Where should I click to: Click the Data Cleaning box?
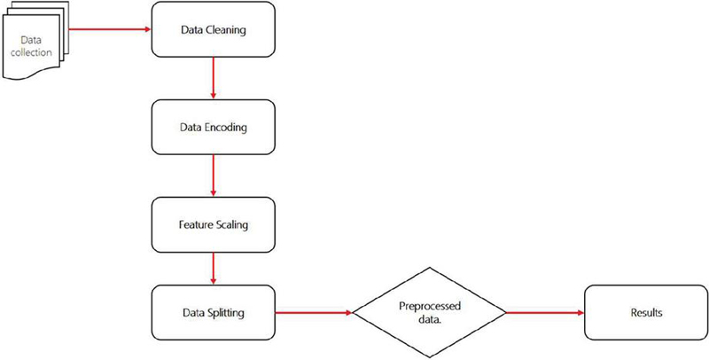[214, 29]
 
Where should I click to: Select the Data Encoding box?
[214, 127]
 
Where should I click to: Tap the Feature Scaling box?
[214, 224]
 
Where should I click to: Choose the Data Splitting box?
[214, 312]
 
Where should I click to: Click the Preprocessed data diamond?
[429, 312]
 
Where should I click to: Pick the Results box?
[646, 312]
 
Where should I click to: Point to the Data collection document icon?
[35, 41]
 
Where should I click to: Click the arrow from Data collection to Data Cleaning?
[110, 29]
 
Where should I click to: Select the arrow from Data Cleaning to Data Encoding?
[214, 78]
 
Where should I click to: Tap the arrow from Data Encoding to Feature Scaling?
[214, 176]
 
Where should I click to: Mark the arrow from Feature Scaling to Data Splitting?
[214, 269]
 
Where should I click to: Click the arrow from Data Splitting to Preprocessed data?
[314, 312]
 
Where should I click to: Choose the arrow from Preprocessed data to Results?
[545, 312]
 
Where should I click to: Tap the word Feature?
[192, 224]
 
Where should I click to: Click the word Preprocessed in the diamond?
[430, 306]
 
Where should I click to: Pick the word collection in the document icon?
[31, 52]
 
